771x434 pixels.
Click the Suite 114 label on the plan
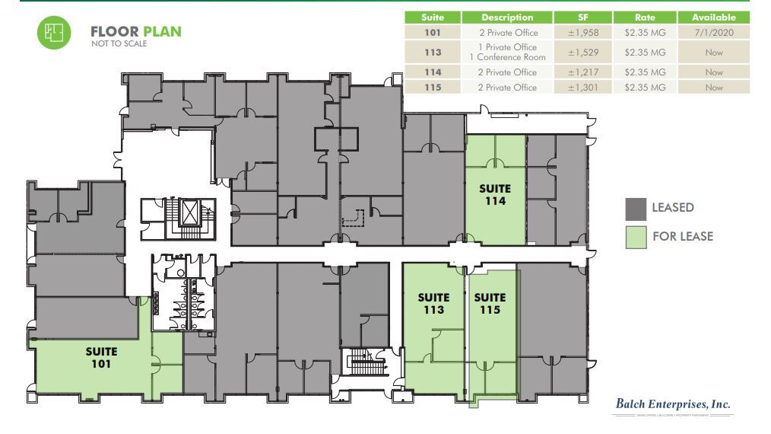[494, 195]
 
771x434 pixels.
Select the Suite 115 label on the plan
[490, 304]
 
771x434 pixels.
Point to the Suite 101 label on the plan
[101, 357]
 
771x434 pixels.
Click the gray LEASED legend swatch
[636, 208]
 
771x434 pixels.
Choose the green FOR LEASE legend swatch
[636, 236]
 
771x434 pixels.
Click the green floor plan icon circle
[54, 33]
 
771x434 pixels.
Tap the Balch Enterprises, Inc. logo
[672, 406]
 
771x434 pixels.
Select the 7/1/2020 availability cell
[713, 33]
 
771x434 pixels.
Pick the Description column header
[507, 17]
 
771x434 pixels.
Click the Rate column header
[645, 17]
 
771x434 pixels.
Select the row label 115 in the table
[432, 88]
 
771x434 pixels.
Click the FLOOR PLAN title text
[135, 32]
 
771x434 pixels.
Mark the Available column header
[713, 17]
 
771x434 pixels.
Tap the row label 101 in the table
[432, 33]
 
